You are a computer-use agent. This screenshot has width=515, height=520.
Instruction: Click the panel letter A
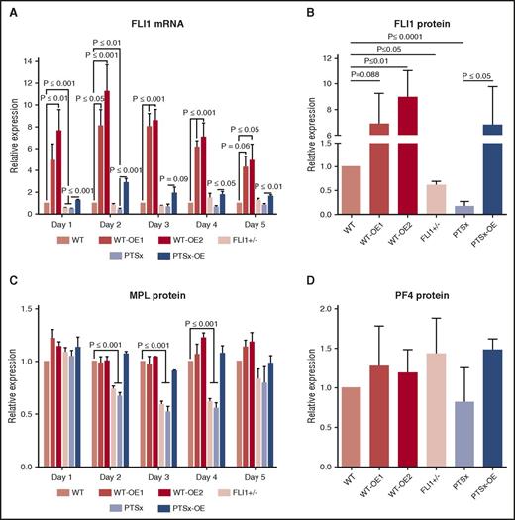(x=9, y=8)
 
